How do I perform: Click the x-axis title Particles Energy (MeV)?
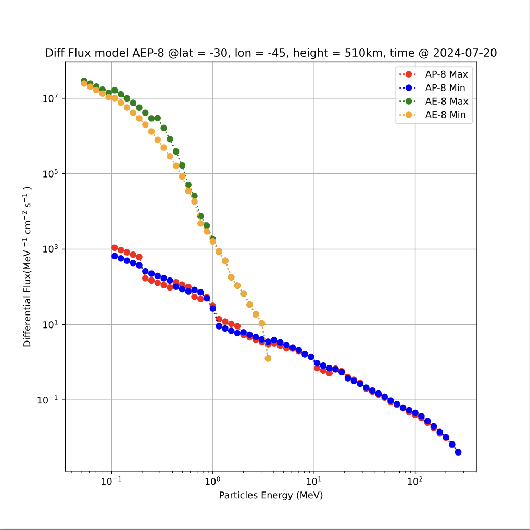click(x=271, y=495)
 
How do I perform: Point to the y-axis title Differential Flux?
click(x=28, y=267)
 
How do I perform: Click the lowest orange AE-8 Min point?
click(x=268, y=358)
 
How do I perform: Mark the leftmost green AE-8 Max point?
click(x=84, y=81)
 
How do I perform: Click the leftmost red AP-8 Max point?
click(x=115, y=248)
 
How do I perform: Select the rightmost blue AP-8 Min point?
click(x=458, y=452)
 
